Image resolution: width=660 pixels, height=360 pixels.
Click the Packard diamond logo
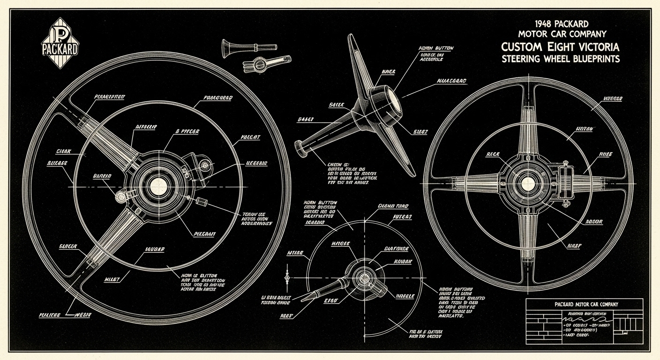pos(60,43)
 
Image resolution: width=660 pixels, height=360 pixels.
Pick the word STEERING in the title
pos(520,59)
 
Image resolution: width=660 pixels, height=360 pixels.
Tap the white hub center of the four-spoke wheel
pos(528,183)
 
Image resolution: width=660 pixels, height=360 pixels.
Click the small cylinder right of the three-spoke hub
pos(203,201)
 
